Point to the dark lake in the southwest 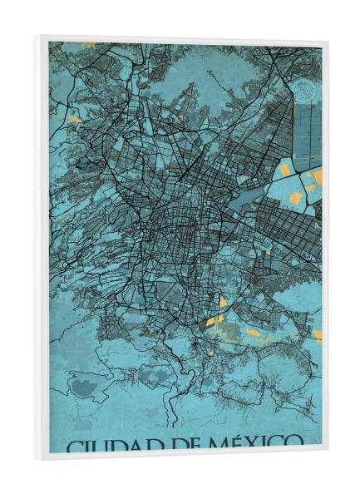pyautogui.click(x=82, y=386)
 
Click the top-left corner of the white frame pyautogui.click(x=37, y=36)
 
